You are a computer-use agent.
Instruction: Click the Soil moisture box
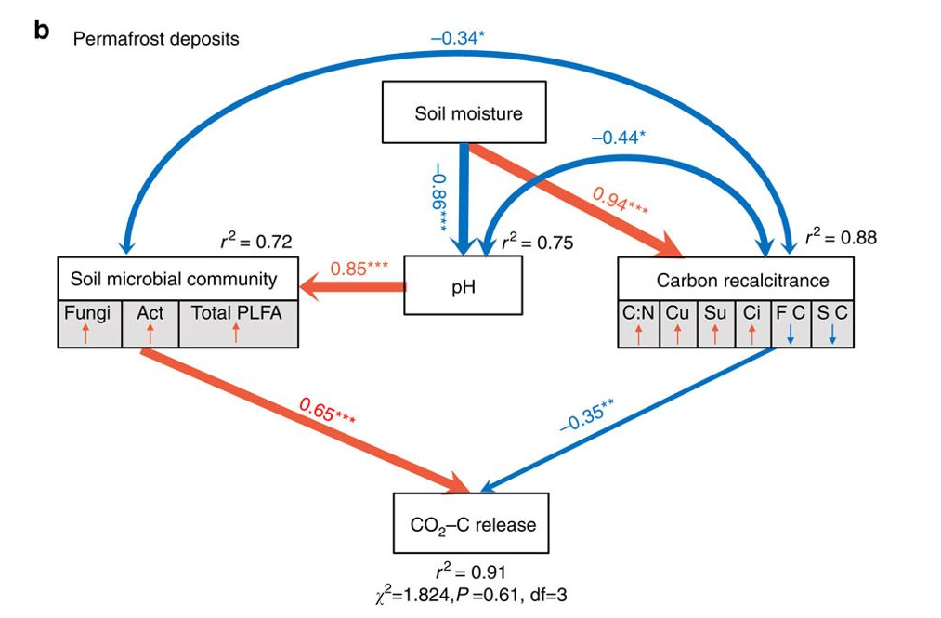pyautogui.click(x=468, y=114)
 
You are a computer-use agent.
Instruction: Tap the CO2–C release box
pyautogui.click(x=473, y=524)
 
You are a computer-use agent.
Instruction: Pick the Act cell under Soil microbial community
pyautogui.click(x=150, y=322)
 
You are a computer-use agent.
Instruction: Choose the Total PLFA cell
pyautogui.click(x=237, y=322)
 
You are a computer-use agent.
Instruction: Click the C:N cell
pyautogui.click(x=638, y=322)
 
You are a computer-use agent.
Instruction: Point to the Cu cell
pyautogui.click(x=677, y=322)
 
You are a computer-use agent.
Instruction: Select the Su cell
pyautogui.click(x=714, y=322)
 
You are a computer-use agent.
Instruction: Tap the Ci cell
pyautogui.click(x=752, y=322)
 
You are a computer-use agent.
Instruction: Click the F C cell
pyautogui.click(x=791, y=322)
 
